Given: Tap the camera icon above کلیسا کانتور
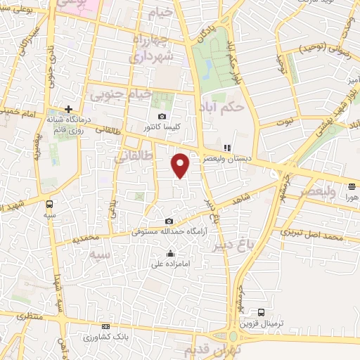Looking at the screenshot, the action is click(x=162, y=117).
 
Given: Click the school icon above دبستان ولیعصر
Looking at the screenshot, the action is click(x=226, y=148).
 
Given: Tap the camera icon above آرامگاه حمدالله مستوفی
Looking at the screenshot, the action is click(x=168, y=221).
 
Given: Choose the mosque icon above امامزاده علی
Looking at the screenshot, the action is click(x=170, y=254).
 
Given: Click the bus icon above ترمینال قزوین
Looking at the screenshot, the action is click(x=262, y=311).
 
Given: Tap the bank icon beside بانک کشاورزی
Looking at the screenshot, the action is click(x=105, y=326).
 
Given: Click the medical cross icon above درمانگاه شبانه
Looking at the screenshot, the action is click(x=68, y=109).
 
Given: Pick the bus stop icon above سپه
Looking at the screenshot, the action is click(x=49, y=203).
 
